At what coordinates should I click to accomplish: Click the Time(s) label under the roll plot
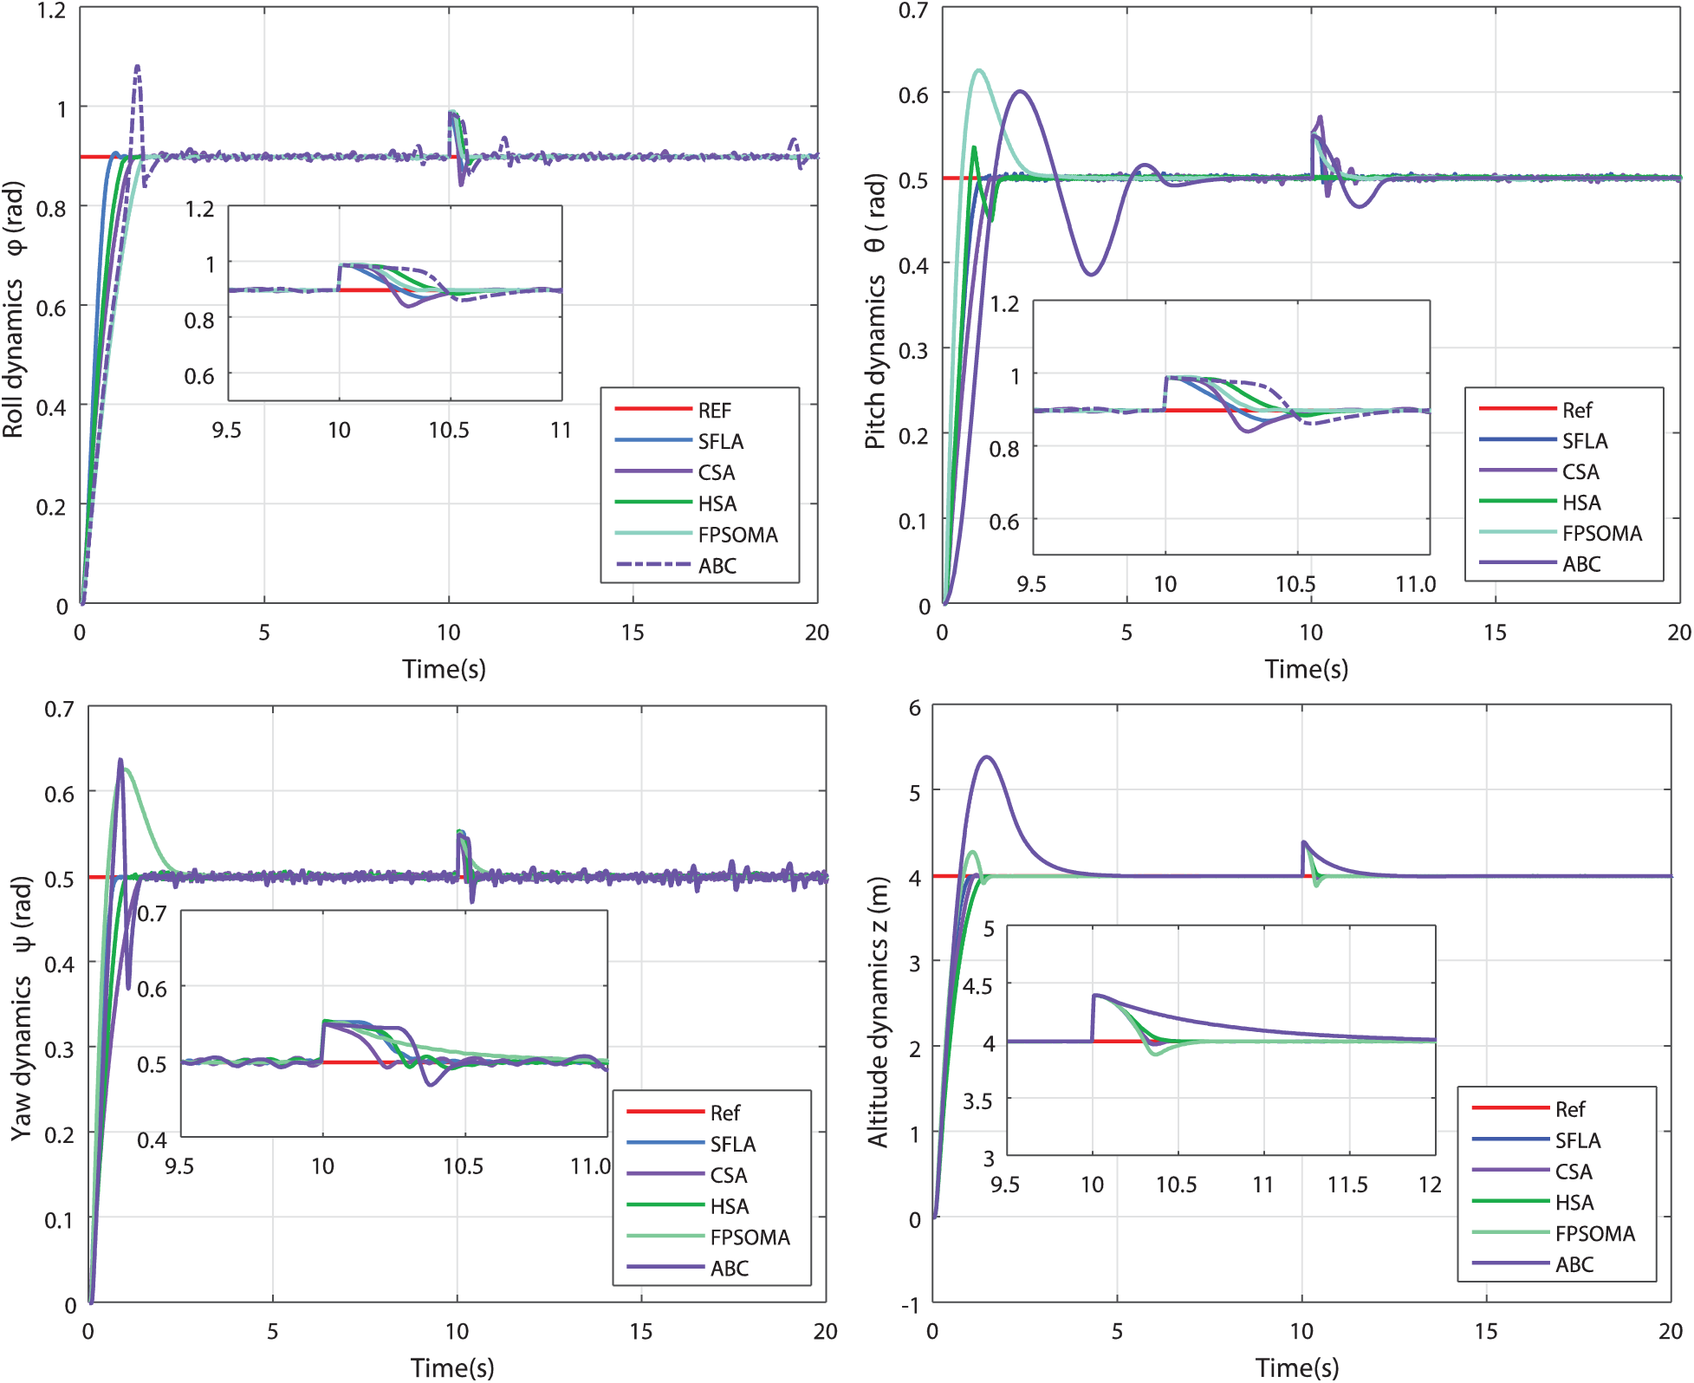444,669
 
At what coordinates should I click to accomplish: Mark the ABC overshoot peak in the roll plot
137,67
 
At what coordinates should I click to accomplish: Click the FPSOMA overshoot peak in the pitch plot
979,70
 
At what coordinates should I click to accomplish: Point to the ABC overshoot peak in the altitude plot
987,757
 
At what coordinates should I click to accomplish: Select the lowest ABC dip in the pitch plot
1091,274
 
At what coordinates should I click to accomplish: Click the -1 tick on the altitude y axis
910,1305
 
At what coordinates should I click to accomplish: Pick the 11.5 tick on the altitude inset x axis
1347,1184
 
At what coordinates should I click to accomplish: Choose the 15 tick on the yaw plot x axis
641,1331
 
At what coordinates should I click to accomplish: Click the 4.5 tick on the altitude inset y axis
977,986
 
